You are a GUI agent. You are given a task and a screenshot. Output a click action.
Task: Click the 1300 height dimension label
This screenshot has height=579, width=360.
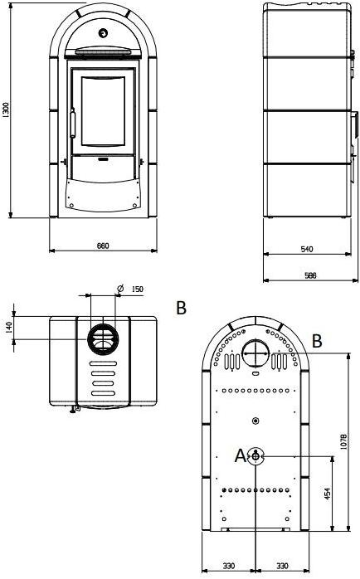pos(7,114)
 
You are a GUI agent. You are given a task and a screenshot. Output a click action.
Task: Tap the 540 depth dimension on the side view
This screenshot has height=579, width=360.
pos(305,249)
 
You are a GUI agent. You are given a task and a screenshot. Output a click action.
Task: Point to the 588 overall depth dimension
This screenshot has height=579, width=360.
pos(309,277)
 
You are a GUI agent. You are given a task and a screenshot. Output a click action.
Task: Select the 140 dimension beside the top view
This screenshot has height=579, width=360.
pos(10,328)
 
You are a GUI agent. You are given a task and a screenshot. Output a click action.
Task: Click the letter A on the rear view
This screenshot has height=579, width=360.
pos(241,455)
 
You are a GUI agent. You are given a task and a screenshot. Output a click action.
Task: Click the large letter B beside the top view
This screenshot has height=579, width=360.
pos(181,309)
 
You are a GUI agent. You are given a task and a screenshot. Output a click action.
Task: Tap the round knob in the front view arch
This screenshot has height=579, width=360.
pos(103,33)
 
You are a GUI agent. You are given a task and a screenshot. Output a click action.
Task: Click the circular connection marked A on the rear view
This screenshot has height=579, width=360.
pos(257,455)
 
